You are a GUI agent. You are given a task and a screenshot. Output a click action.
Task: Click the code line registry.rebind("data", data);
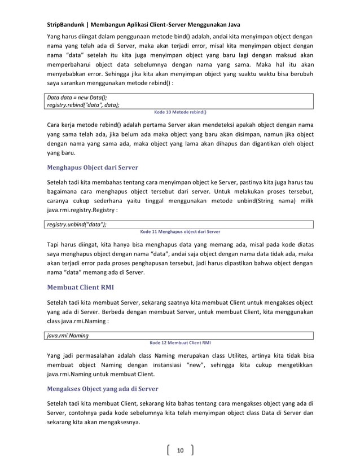83,104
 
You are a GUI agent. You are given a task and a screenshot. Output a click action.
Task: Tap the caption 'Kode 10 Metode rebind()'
180,112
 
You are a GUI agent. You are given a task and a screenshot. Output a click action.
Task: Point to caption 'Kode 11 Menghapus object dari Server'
180,231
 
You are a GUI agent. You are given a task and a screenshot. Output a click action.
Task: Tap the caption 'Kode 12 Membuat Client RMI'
180,342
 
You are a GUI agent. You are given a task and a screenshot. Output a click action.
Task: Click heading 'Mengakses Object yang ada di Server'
102,389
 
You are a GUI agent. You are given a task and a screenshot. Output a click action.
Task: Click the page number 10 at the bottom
181,450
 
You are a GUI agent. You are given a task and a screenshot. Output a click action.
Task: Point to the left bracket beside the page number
169,450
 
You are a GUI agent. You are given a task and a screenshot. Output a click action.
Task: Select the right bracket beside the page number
192,450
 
